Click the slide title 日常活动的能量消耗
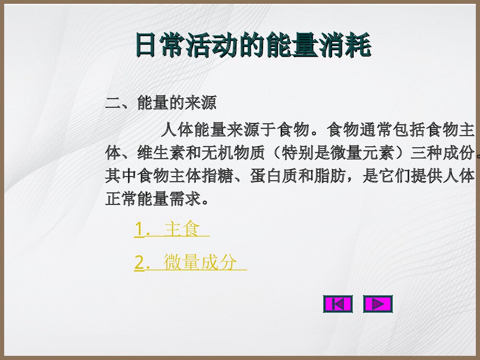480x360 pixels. point(252,45)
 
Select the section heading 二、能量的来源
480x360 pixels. point(161,103)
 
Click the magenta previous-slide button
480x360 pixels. point(338,304)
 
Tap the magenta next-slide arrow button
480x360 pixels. point(378,304)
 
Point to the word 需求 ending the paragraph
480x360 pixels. point(185,199)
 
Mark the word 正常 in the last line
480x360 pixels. point(120,199)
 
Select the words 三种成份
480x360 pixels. point(442,153)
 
